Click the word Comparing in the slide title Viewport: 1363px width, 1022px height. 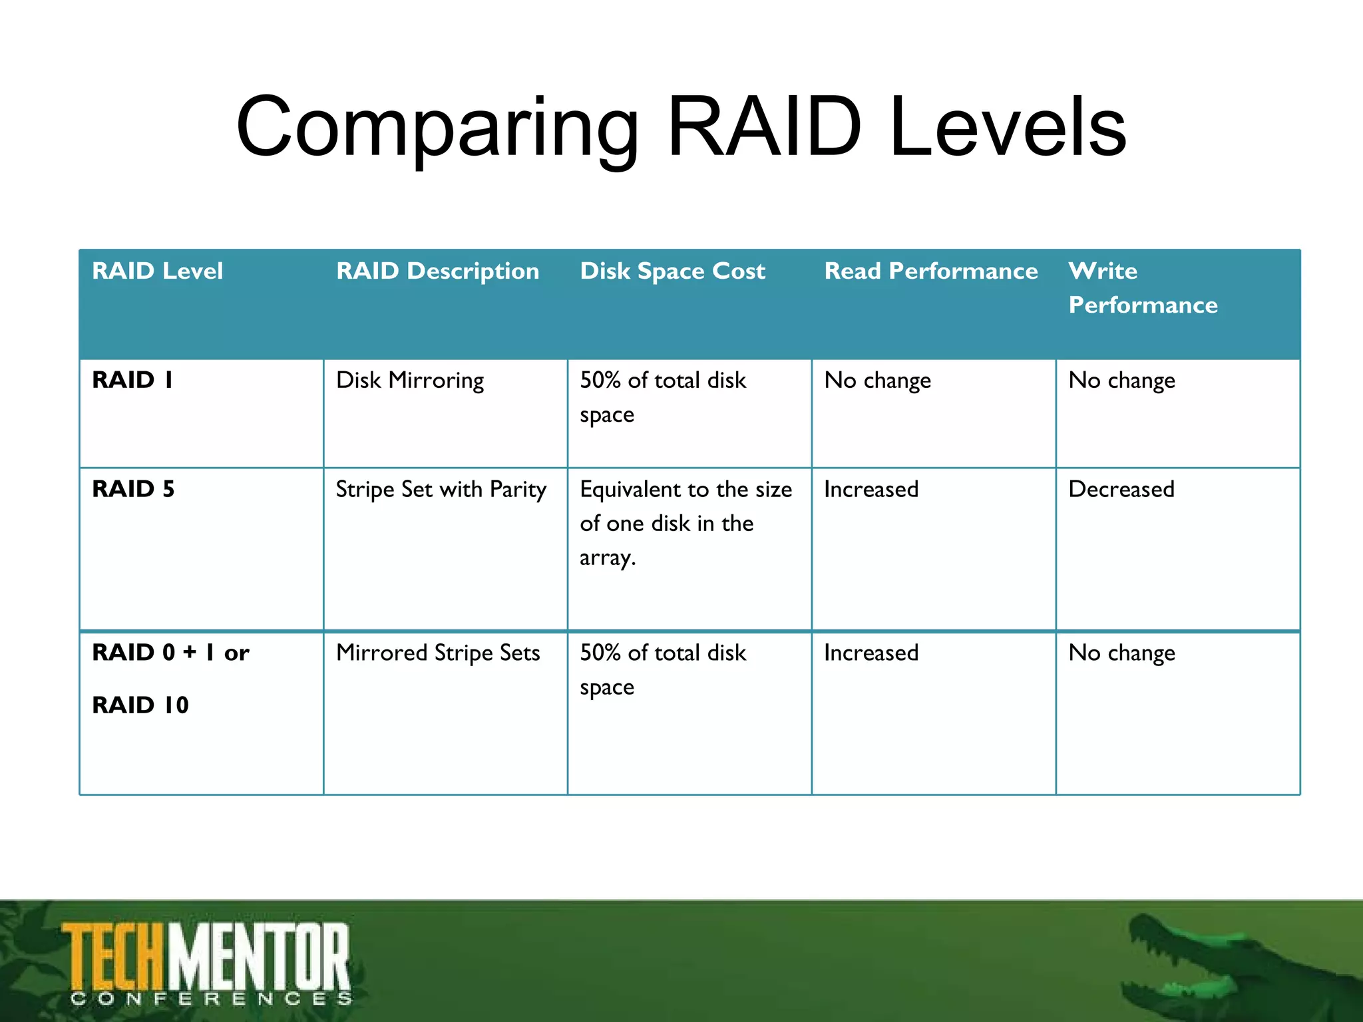(437, 128)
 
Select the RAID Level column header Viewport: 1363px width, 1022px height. (157, 271)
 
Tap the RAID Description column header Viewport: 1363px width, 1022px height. (437, 271)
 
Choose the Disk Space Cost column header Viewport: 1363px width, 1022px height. (672, 271)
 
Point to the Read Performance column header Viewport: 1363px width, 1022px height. (930, 271)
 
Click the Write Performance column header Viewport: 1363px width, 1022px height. (1142, 288)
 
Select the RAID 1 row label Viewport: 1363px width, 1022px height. (132, 380)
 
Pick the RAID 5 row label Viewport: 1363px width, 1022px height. (133, 489)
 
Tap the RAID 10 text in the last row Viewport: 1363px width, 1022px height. (140, 705)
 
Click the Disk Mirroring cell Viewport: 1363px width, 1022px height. (410, 381)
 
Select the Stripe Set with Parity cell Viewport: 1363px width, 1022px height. (441, 490)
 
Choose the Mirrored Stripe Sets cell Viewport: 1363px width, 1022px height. (438, 653)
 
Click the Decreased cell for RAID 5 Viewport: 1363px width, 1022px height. (1121, 490)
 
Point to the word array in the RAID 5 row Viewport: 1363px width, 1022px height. (606, 558)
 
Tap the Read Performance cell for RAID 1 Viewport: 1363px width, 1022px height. (877, 381)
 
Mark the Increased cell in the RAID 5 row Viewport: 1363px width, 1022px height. (871, 490)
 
